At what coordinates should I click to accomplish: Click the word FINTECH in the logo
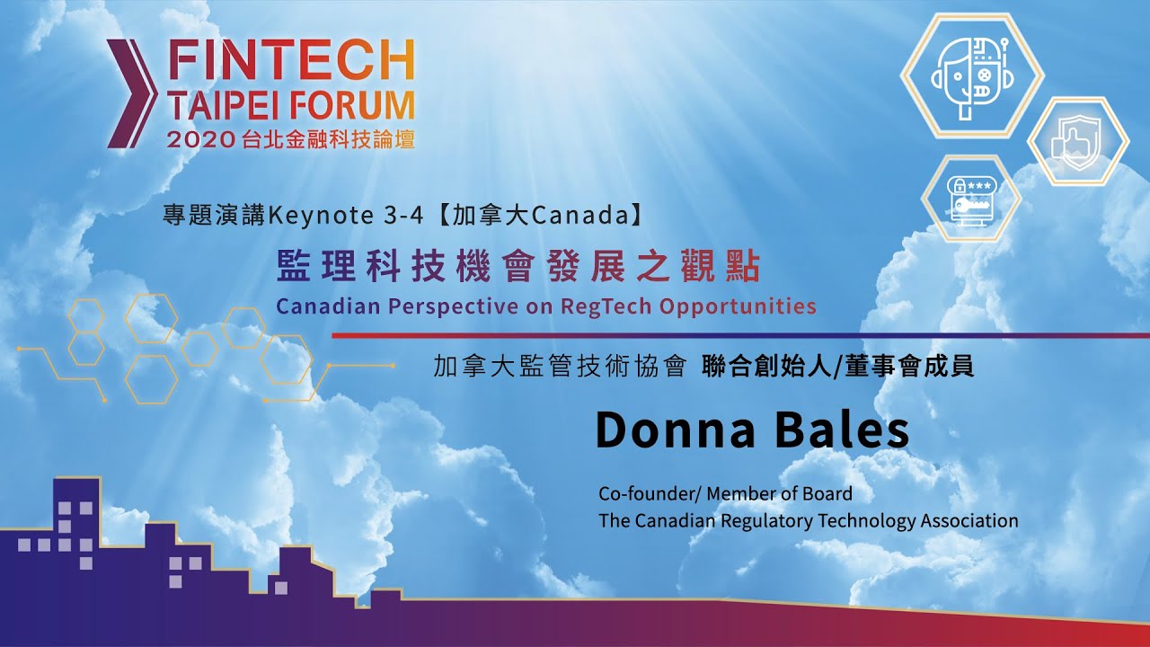(291, 59)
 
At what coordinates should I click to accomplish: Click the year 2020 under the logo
(199, 139)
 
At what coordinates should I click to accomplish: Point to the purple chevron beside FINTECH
(132, 93)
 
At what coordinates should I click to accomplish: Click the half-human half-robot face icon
(972, 75)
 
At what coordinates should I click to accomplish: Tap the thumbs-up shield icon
(1077, 142)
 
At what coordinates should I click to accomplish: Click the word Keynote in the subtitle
(321, 216)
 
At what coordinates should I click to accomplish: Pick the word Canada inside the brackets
(580, 215)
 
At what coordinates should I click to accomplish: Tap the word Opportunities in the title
(738, 306)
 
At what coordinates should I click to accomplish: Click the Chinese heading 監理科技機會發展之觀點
(518, 268)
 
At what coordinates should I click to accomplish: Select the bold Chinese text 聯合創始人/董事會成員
(837, 368)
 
